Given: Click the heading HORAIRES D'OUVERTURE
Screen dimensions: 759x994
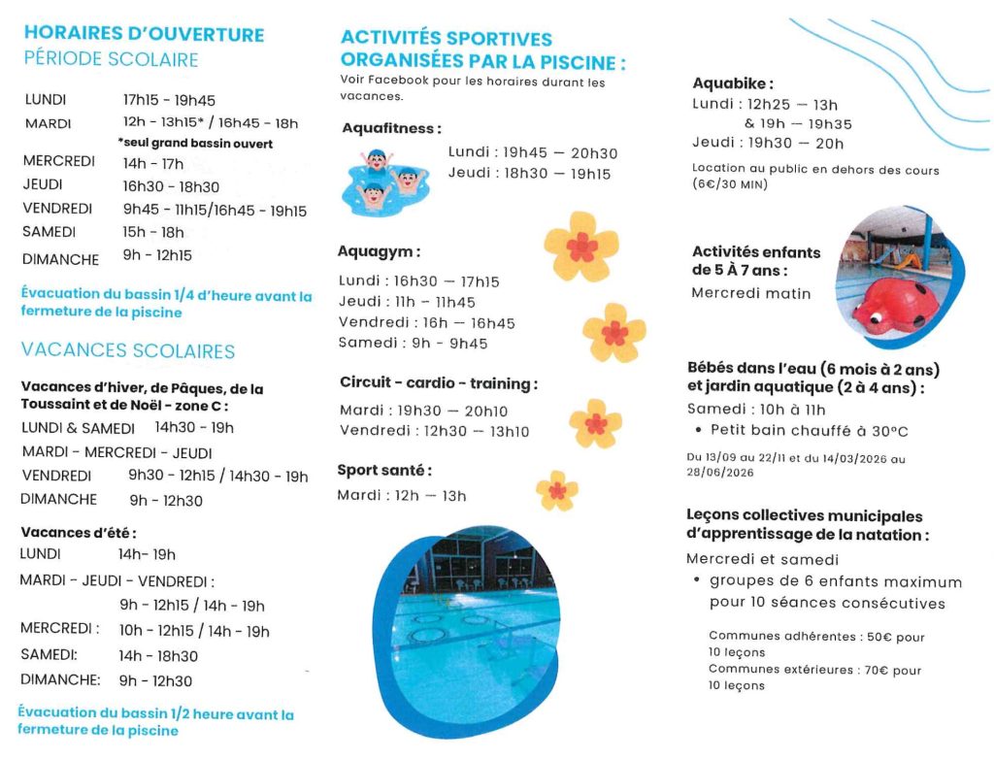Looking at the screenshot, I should coord(144,34).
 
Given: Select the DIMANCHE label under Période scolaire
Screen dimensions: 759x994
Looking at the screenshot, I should coord(60,259).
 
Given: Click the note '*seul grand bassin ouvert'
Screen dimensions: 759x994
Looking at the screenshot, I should coord(195,144).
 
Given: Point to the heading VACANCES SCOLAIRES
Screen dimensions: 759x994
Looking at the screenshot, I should coord(128,350).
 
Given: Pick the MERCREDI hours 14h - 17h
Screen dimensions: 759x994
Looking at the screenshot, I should coord(153,163).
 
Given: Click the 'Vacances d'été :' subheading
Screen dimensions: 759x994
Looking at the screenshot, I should coord(78,532).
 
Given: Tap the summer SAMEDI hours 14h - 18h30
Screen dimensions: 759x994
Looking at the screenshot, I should coord(158,656).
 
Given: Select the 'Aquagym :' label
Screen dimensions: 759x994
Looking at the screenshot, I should coord(379,251).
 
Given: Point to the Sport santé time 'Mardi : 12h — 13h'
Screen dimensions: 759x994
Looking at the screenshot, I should coord(402,496).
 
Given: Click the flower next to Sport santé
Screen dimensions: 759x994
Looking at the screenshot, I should coord(557,490).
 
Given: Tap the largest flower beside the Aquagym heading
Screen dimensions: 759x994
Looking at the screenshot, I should coord(580,247).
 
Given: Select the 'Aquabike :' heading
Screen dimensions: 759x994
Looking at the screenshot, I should coord(733,83).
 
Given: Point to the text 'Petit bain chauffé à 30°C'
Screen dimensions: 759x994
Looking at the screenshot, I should coord(810,430).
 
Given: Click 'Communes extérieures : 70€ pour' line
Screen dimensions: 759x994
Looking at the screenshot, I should coord(814,670).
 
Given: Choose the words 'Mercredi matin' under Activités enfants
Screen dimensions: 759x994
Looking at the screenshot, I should coord(751,292).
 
